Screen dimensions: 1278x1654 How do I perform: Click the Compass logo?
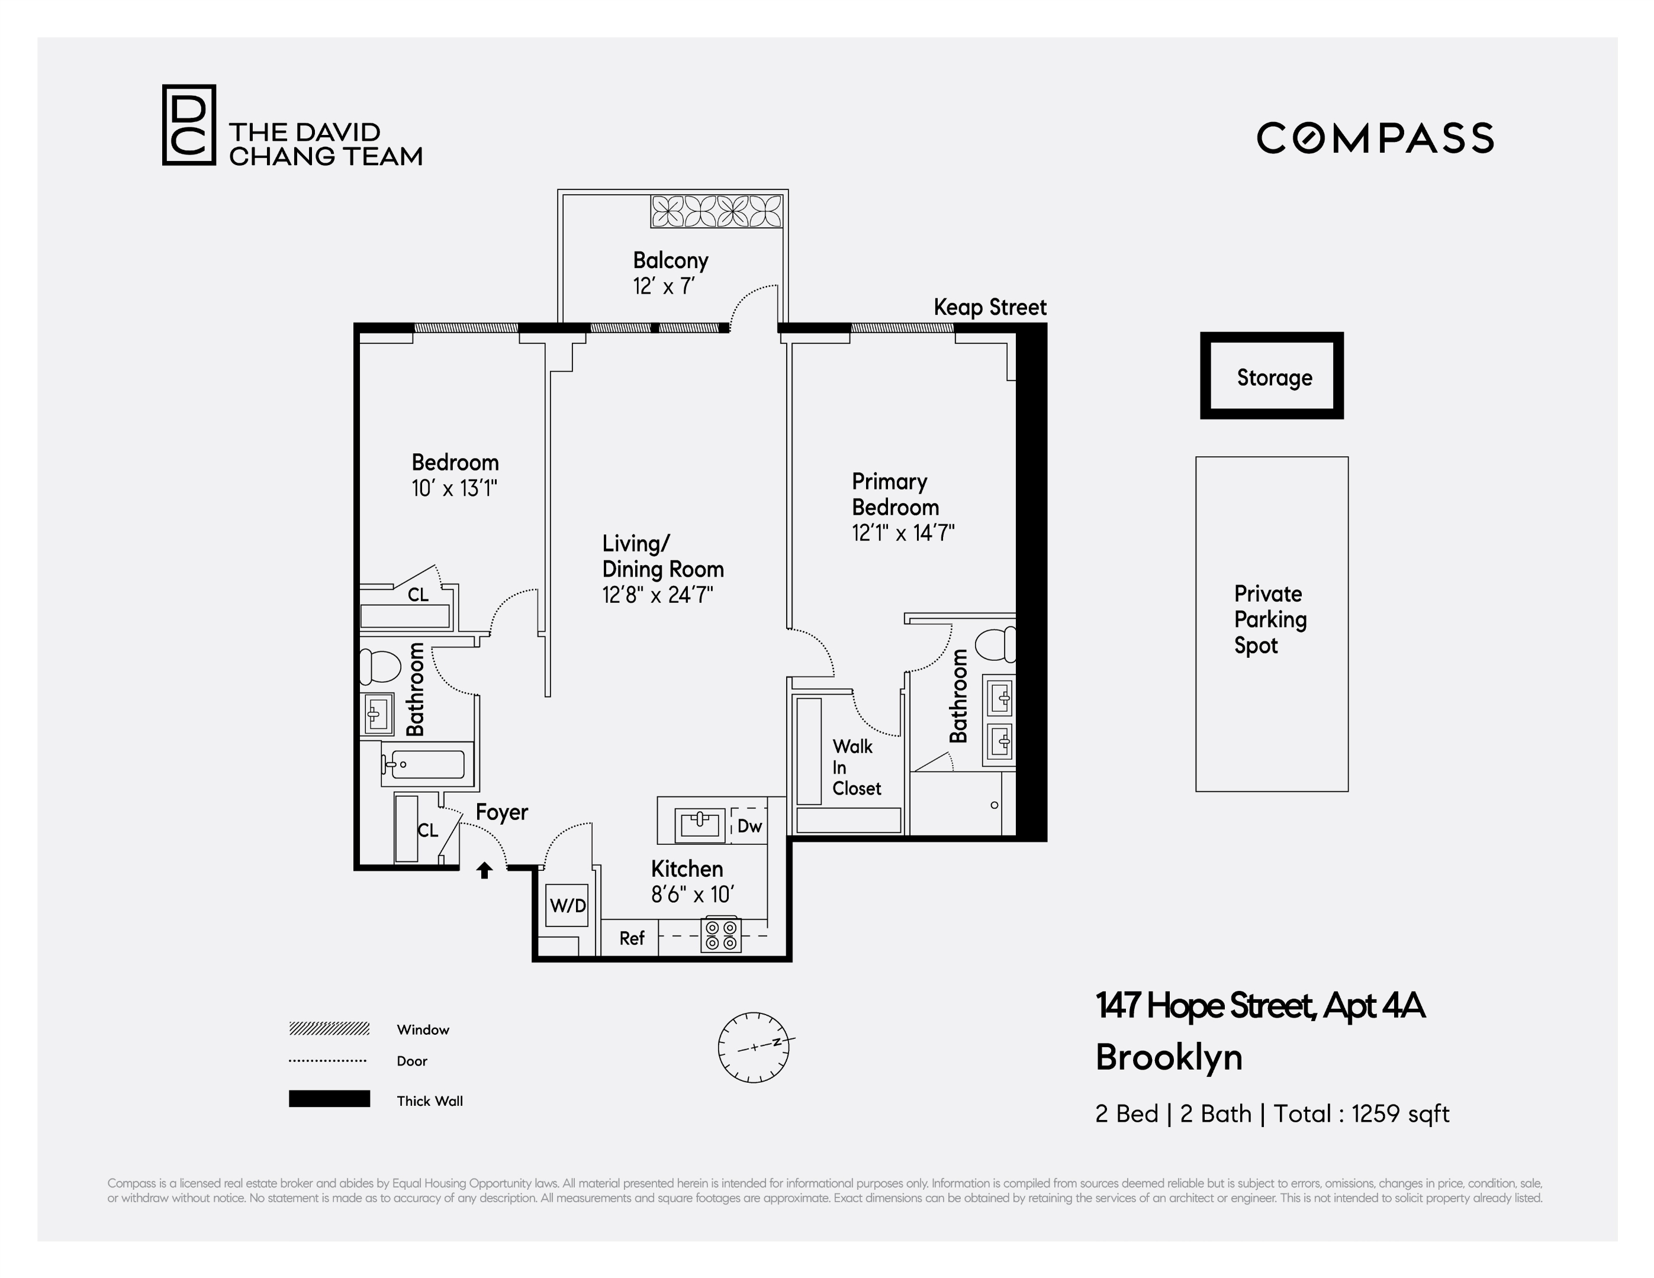(x=1375, y=138)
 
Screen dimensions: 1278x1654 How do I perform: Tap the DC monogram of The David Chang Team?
(x=189, y=125)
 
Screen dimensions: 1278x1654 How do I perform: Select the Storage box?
(x=1272, y=376)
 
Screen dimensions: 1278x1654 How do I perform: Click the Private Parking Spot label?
(x=1270, y=619)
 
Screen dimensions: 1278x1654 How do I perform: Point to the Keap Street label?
(x=989, y=308)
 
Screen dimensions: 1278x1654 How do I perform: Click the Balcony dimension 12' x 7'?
(x=664, y=287)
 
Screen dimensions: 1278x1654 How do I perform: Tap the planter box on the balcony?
(x=716, y=211)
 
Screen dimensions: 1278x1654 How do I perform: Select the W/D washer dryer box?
(x=567, y=905)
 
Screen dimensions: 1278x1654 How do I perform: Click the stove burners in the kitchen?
(x=720, y=935)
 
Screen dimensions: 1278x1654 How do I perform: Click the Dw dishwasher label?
(x=748, y=826)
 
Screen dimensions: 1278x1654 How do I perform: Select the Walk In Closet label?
(x=856, y=768)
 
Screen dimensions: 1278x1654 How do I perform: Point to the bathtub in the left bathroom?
(x=423, y=764)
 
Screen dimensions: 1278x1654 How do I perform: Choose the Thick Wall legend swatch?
(x=329, y=1099)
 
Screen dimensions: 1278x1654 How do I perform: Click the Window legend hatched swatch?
(x=329, y=1028)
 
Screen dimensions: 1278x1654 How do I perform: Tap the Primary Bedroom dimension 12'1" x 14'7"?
(x=902, y=533)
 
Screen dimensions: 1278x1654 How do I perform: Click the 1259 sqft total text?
(x=1399, y=1114)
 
